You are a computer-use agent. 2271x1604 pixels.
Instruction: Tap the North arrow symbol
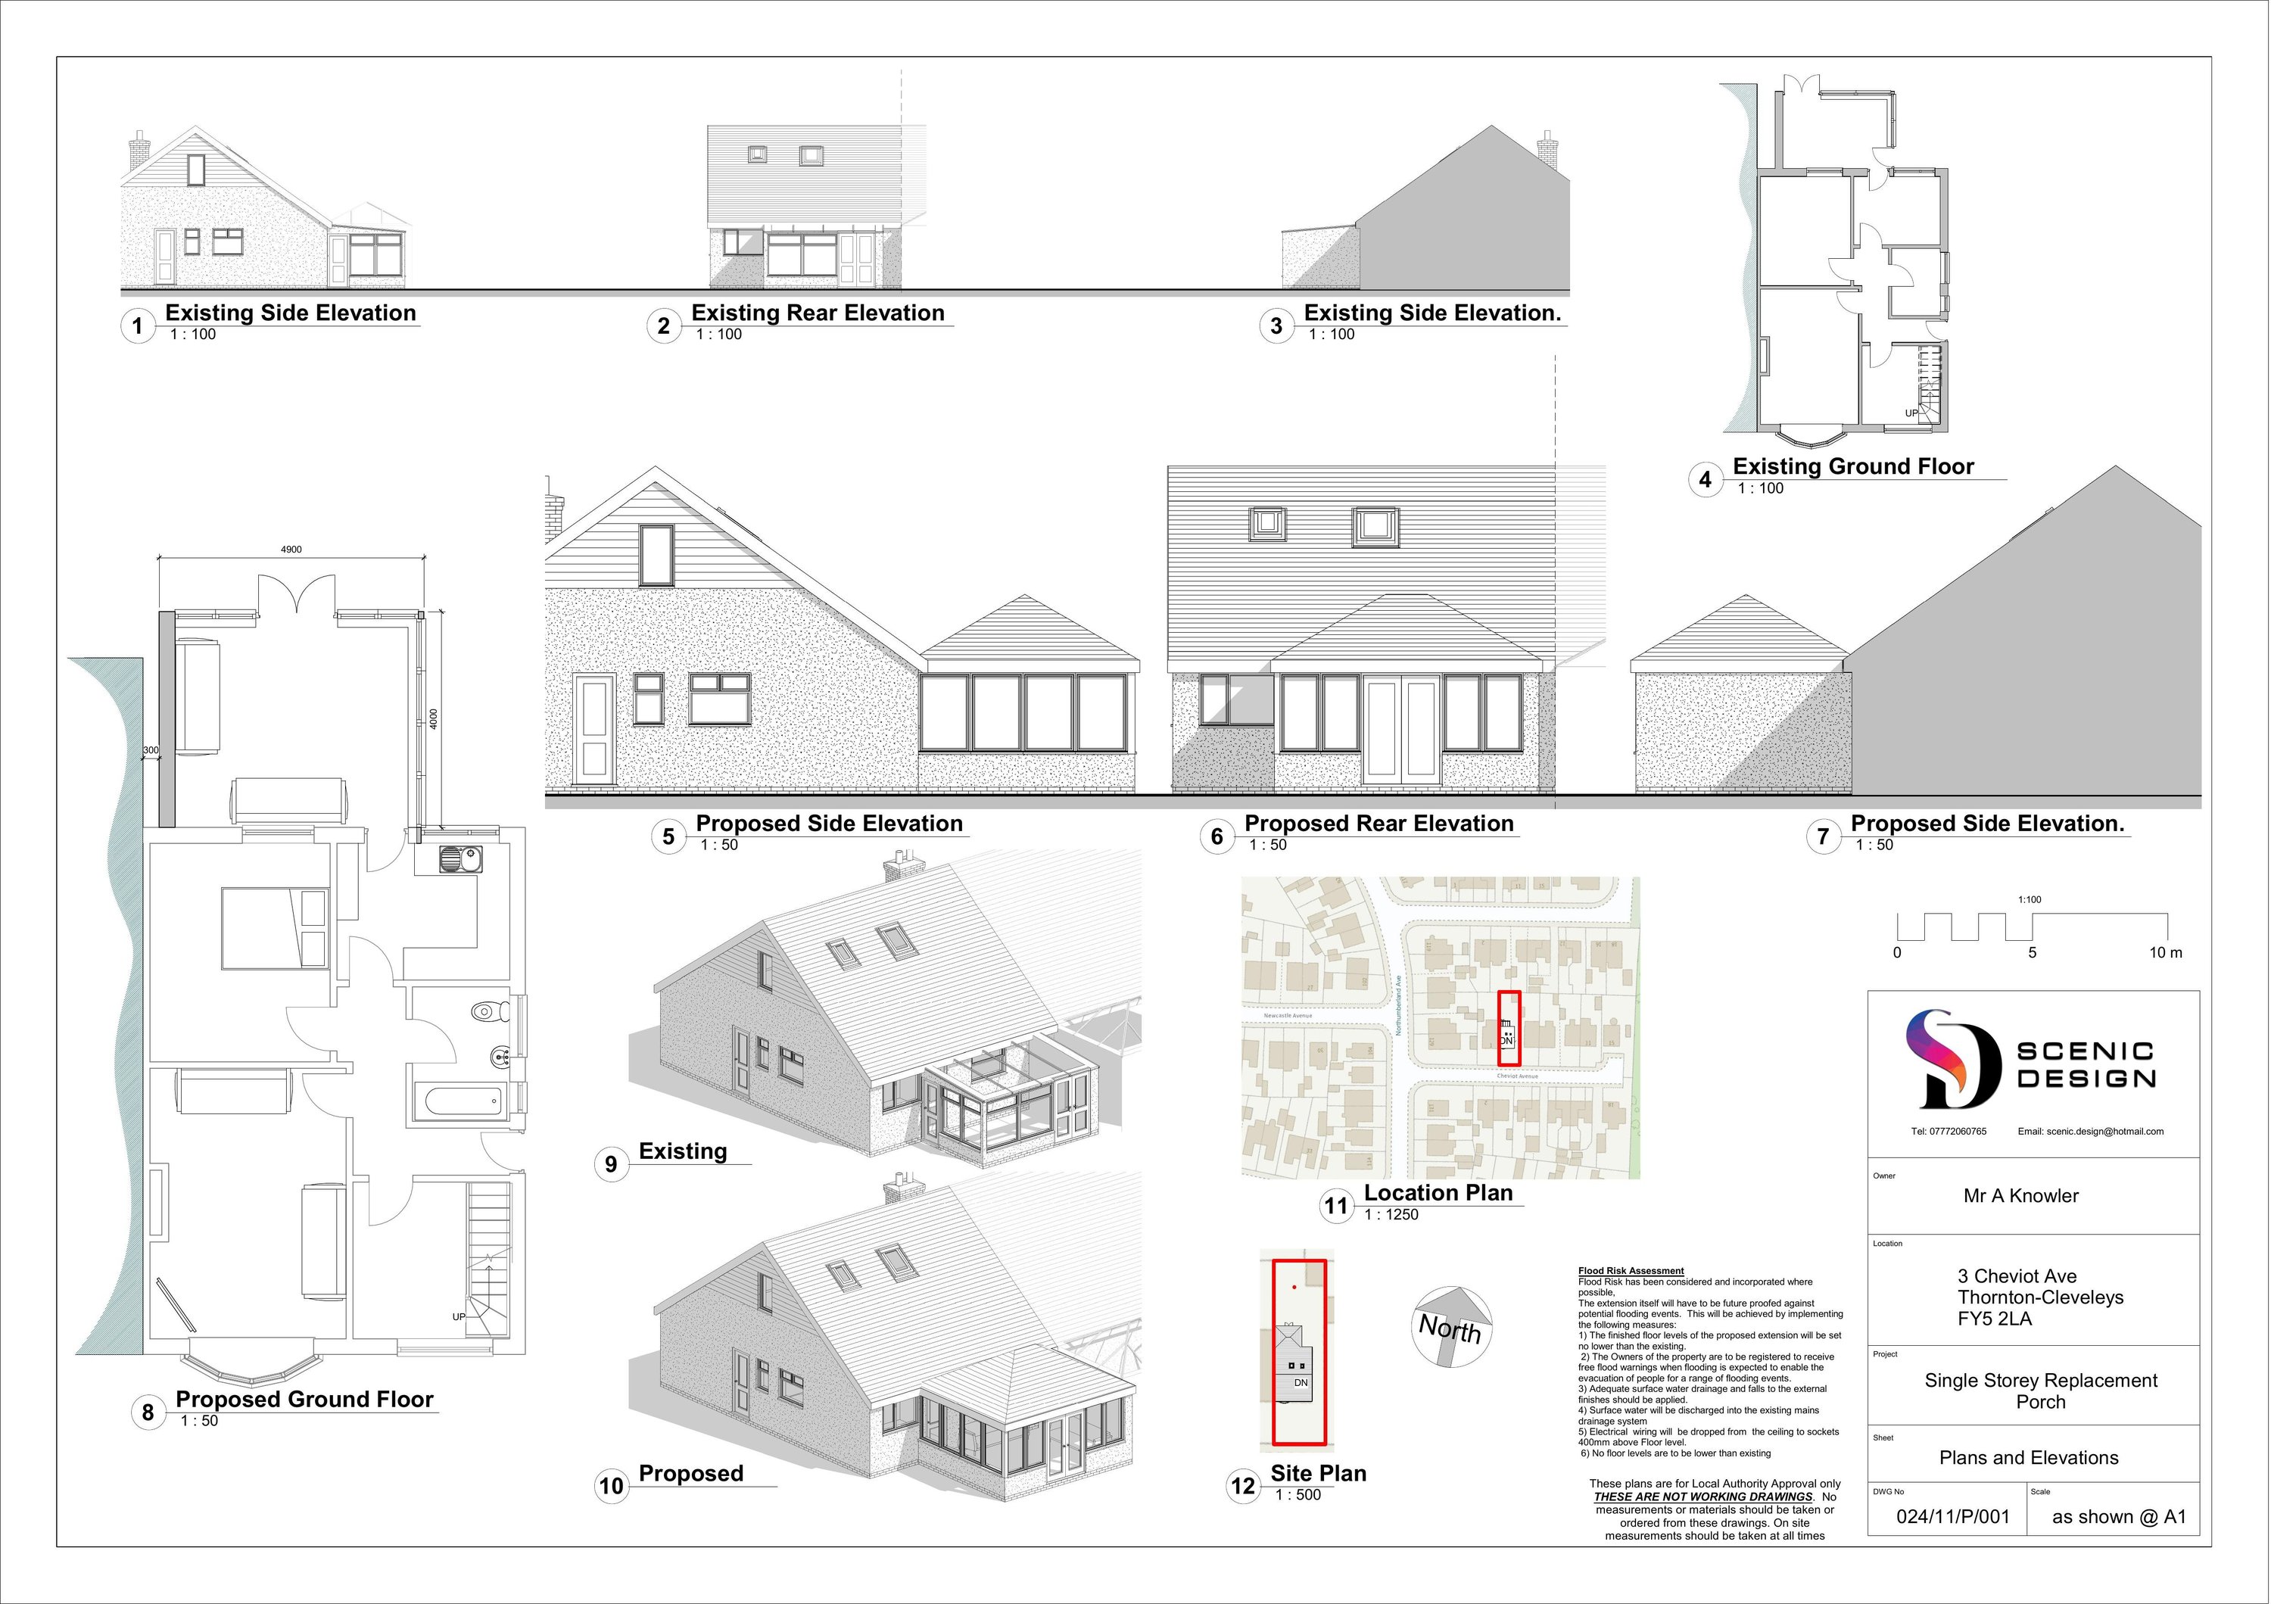(x=1451, y=1326)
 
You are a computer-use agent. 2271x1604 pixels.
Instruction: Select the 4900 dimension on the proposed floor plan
(x=291, y=550)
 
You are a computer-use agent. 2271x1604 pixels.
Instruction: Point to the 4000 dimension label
(x=433, y=719)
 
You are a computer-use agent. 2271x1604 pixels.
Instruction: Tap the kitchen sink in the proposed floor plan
(x=460, y=859)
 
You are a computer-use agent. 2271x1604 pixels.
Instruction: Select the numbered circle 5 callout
(x=668, y=836)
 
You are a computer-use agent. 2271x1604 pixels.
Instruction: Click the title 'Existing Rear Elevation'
(x=817, y=313)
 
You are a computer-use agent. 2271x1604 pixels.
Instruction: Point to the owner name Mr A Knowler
(x=2020, y=1195)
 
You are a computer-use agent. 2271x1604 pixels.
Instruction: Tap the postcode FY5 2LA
(x=1994, y=1318)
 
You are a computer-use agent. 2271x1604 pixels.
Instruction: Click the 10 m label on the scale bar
(x=2165, y=953)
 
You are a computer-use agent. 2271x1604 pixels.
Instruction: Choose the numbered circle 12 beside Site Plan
(x=1242, y=1485)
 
